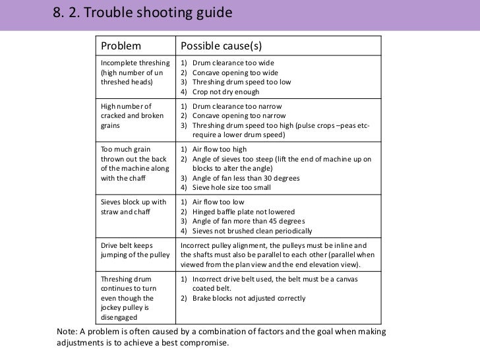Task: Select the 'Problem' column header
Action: point(121,46)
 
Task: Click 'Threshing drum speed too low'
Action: point(241,82)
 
